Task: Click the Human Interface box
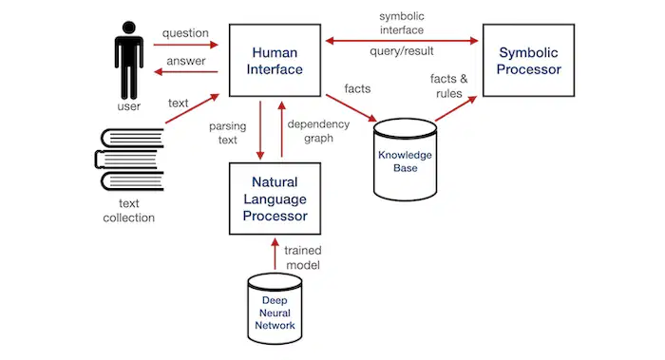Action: coord(275,60)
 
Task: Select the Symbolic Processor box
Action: coord(528,60)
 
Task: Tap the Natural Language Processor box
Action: coord(275,199)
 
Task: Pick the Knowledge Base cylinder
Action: coord(405,160)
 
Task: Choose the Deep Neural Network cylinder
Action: coord(275,309)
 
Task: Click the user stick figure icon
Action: coord(129,60)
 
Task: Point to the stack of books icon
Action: coord(129,160)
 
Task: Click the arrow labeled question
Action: coord(186,45)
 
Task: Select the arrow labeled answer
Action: coord(186,71)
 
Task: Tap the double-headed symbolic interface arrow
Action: coord(402,41)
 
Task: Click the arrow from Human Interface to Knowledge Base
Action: coord(351,108)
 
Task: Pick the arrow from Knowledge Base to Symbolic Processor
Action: coord(456,109)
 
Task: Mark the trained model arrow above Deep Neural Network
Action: coord(275,254)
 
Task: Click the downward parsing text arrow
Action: coord(260,130)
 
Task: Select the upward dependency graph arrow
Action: coord(281,129)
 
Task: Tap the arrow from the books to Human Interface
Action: coord(192,108)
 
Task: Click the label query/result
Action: coord(402,51)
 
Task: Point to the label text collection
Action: coord(129,210)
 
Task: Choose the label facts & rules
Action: coord(449,85)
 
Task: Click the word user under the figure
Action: coord(129,106)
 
